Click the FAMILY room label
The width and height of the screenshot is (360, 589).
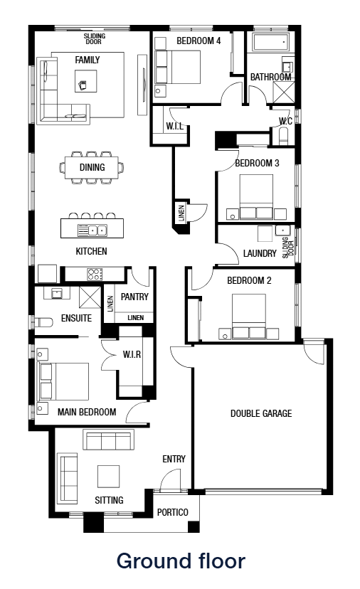click(x=88, y=60)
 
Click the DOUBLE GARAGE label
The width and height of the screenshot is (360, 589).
click(x=261, y=413)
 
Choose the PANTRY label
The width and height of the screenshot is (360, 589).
click(x=134, y=297)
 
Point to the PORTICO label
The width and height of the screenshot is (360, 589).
click(x=172, y=512)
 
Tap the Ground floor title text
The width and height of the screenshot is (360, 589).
click(x=180, y=561)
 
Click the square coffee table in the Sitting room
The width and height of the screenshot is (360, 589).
click(x=109, y=476)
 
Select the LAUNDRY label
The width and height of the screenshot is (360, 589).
click(x=260, y=253)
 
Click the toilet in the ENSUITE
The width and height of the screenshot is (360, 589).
click(x=42, y=319)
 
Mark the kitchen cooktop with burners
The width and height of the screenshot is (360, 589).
click(x=95, y=273)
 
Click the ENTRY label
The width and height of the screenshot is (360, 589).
click(x=174, y=459)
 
